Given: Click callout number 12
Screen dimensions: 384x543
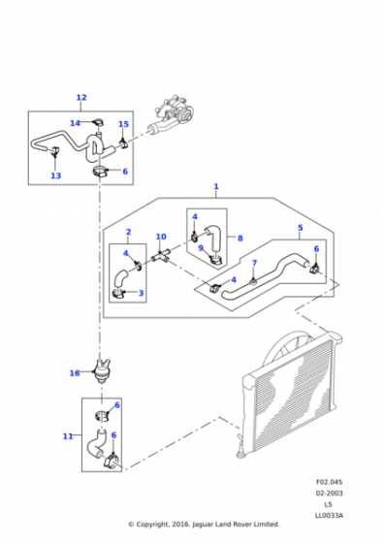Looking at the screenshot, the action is [x=81, y=98].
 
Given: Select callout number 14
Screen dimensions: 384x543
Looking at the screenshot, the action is [x=75, y=123].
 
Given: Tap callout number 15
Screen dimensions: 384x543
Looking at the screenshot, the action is [x=123, y=124].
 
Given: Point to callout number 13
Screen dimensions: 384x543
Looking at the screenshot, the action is [x=55, y=176].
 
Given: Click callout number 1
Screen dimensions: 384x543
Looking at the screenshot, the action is [x=216, y=186].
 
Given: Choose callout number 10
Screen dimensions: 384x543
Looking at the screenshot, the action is [x=161, y=237].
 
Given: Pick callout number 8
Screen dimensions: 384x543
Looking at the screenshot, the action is [x=240, y=238].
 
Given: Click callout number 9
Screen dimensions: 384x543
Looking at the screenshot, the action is [x=201, y=248].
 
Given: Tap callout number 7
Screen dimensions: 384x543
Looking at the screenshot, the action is [x=254, y=263].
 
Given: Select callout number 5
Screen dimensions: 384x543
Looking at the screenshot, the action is [x=301, y=228].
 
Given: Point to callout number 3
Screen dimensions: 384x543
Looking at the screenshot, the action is [x=141, y=293].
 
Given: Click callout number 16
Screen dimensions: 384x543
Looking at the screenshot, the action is [x=75, y=373].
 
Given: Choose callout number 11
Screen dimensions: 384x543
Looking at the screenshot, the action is [x=68, y=436].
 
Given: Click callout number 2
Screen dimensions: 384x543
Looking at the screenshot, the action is [x=128, y=232].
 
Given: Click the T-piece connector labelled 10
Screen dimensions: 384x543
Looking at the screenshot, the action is [x=160, y=257].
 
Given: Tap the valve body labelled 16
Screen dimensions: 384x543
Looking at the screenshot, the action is [x=101, y=371].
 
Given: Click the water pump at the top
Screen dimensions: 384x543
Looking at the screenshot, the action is [x=173, y=116].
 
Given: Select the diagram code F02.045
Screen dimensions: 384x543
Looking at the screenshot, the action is [x=329, y=482].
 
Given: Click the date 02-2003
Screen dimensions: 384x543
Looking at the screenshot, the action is [x=329, y=493].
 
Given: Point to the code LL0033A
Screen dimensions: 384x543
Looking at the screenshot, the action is [x=329, y=515].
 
